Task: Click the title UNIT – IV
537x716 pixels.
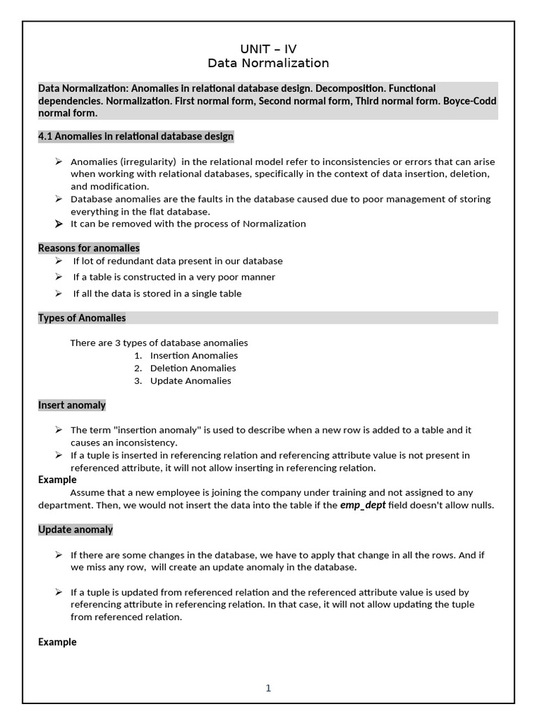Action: pos(268,49)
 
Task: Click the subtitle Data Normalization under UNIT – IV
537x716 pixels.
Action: pos(268,64)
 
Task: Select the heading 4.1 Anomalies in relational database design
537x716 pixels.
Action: pos(136,136)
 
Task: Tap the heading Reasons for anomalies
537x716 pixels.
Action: pos(89,248)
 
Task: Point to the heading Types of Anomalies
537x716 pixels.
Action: pos(82,318)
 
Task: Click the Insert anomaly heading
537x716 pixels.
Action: pos(72,406)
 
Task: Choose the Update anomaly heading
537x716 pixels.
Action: pos(76,530)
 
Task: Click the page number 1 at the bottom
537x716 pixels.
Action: pos(268,688)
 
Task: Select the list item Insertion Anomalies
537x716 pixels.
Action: pos(194,356)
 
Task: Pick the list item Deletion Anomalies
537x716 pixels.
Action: pos(193,368)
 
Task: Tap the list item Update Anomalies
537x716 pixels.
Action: pos(190,381)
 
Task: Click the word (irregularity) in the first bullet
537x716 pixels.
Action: pos(149,162)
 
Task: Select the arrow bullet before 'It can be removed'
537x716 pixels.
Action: pos(59,224)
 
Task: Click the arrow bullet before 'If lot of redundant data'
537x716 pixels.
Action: pos(59,261)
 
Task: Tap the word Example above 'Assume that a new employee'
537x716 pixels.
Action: pos(57,480)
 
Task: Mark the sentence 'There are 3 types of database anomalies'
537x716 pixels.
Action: pos(159,343)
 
